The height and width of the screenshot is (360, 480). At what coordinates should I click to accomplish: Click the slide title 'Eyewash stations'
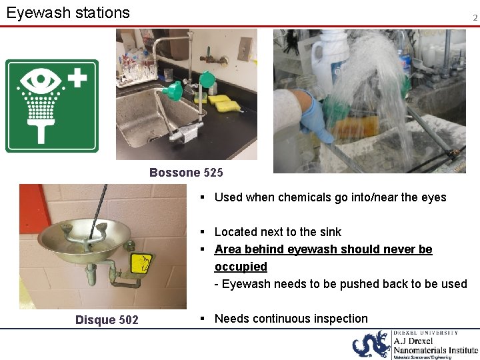click(x=68, y=13)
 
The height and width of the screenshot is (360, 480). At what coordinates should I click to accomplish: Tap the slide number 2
click(x=475, y=18)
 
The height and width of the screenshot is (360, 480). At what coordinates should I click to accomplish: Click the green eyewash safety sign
click(x=52, y=106)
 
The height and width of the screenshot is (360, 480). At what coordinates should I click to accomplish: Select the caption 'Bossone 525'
click(x=186, y=173)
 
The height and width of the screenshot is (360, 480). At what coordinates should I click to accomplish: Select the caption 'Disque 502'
click(x=107, y=320)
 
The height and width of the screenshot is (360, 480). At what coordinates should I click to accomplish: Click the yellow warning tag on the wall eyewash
click(x=141, y=264)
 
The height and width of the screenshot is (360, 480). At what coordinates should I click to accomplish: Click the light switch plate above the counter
click(x=245, y=49)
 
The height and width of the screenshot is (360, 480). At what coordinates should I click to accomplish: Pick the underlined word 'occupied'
click(x=241, y=267)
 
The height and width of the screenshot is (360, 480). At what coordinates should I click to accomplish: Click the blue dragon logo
click(x=371, y=344)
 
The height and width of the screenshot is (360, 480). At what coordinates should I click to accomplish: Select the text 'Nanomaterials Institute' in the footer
click(x=435, y=349)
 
